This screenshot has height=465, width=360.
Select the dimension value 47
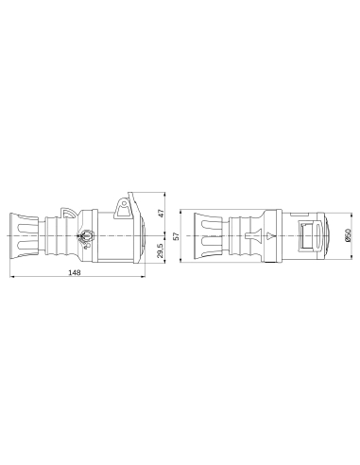(x=161, y=215)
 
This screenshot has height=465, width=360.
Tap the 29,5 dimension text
(x=161, y=250)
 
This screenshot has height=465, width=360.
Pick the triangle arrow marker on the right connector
(x=270, y=235)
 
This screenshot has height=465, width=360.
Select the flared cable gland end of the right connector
(x=204, y=235)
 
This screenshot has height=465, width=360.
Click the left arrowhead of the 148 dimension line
(x=12, y=280)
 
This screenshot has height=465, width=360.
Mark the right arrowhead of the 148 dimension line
(x=143, y=280)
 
